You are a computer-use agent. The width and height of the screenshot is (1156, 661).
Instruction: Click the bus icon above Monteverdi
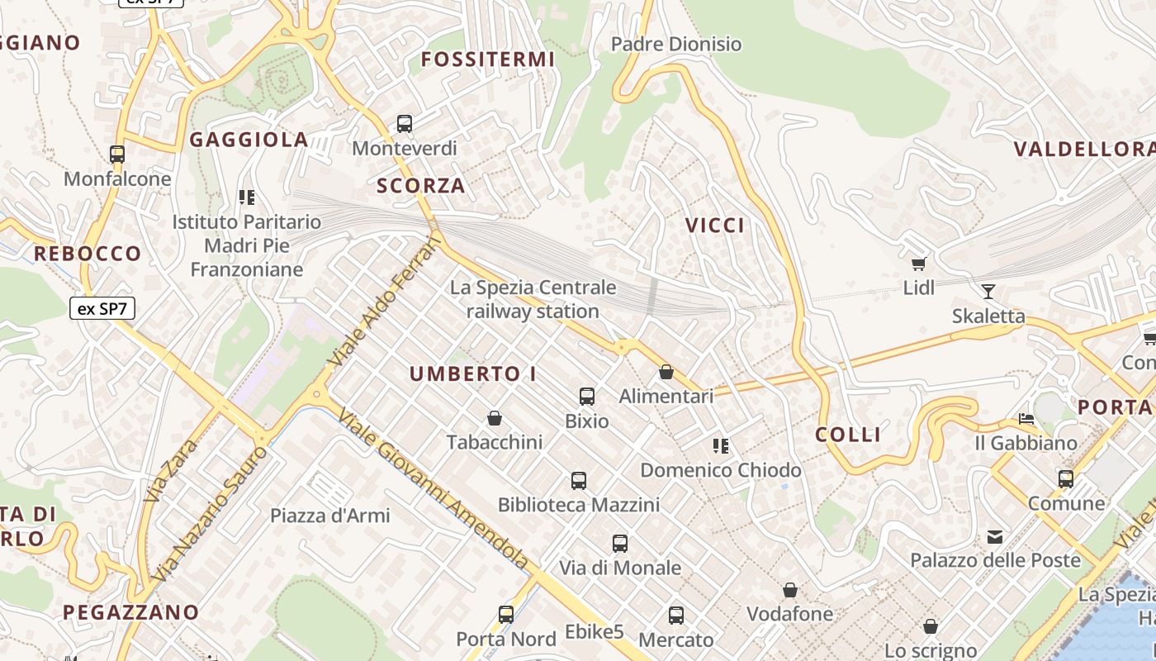(405, 124)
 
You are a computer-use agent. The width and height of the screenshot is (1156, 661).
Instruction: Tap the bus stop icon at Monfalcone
(117, 154)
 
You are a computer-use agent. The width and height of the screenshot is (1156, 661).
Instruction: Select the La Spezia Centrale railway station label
(533, 299)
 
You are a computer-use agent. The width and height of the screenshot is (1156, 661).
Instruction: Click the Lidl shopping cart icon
(918, 264)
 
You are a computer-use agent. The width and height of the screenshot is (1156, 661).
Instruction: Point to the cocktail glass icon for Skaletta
(988, 291)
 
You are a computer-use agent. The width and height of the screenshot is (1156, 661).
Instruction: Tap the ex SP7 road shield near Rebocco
(102, 309)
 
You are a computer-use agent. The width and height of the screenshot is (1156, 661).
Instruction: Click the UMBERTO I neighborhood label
(473, 373)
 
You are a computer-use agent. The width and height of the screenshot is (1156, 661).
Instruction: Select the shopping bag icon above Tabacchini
(495, 418)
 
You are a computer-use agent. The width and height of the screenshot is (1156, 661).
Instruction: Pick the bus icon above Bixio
(587, 397)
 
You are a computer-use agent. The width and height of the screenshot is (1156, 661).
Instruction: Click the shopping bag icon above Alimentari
(666, 372)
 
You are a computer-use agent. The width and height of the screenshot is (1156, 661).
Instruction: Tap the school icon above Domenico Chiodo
(721, 446)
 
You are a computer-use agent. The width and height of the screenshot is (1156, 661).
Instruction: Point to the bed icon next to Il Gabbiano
(1026, 419)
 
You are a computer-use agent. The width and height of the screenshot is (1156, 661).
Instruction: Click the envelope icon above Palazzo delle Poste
(995, 537)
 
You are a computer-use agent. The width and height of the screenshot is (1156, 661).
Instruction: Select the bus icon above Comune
(1066, 478)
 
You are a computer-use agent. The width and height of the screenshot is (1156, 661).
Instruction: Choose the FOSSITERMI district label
(488, 59)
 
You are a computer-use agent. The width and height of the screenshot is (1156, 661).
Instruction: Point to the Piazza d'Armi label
(330, 516)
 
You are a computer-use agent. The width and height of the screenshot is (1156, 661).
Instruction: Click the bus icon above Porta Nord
(506, 615)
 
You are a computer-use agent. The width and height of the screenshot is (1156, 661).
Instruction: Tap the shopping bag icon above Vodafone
(790, 590)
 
